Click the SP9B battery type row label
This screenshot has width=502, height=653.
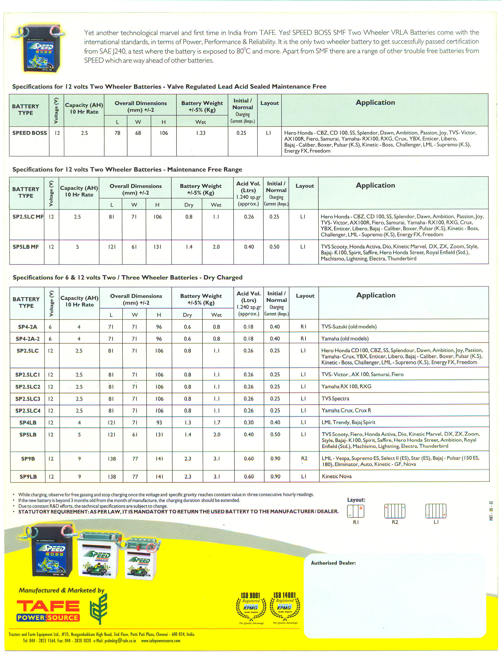click(x=28, y=459)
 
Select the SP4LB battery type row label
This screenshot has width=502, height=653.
click(x=28, y=423)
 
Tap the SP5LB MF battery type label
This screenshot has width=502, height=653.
click(x=26, y=247)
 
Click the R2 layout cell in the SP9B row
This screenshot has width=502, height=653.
click(x=304, y=458)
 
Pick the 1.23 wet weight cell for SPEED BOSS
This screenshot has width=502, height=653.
click(x=201, y=133)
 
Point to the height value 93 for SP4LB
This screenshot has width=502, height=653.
click(x=159, y=423)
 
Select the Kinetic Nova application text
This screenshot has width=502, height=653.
click(x=337, y=476)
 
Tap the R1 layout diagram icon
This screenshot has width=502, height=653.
click(x=356, y=511)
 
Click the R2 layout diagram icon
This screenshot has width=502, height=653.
click(x=395, y=511)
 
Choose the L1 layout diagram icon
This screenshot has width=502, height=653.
click(x=436, y=511)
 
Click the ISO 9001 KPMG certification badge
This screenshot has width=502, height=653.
click(x=251, y=609)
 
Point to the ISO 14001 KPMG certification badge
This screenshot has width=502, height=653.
click(x=285, y=609)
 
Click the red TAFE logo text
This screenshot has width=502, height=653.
click(x=48, y=606)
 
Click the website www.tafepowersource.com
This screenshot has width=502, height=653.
click(x=161, y=641)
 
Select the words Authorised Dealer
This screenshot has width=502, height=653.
click(x=333, y=563)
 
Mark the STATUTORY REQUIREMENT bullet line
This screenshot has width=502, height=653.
click(x=178, y=512)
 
